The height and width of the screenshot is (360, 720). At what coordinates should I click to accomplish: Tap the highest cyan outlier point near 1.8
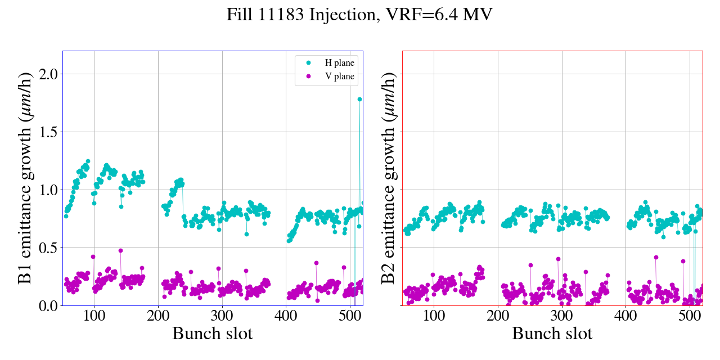pyautogui.click(x=359, y=99)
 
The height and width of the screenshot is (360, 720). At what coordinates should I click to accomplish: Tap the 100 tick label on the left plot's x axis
pyautogui.click(x=94, y=316)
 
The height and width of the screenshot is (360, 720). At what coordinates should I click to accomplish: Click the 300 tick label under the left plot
pyautogui.click(x=222, y=316)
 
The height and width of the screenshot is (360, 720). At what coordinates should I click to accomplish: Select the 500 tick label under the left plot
pyautogui.click(x=350, y=316)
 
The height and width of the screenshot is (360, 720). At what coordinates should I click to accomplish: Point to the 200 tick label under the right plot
pyautogui.click(x=498, y=316)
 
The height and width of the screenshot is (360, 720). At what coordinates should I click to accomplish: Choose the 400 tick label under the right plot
pyautogui.click(x=626, y=316)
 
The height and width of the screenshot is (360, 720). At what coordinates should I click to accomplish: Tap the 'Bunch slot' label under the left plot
pyautogui.click(x=213, y=334)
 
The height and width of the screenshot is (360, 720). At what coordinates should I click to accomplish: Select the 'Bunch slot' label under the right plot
pyautogui.click(x=552, y=334)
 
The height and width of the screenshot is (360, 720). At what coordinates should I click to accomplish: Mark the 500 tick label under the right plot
pyautogui.click(x=690, y=316)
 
